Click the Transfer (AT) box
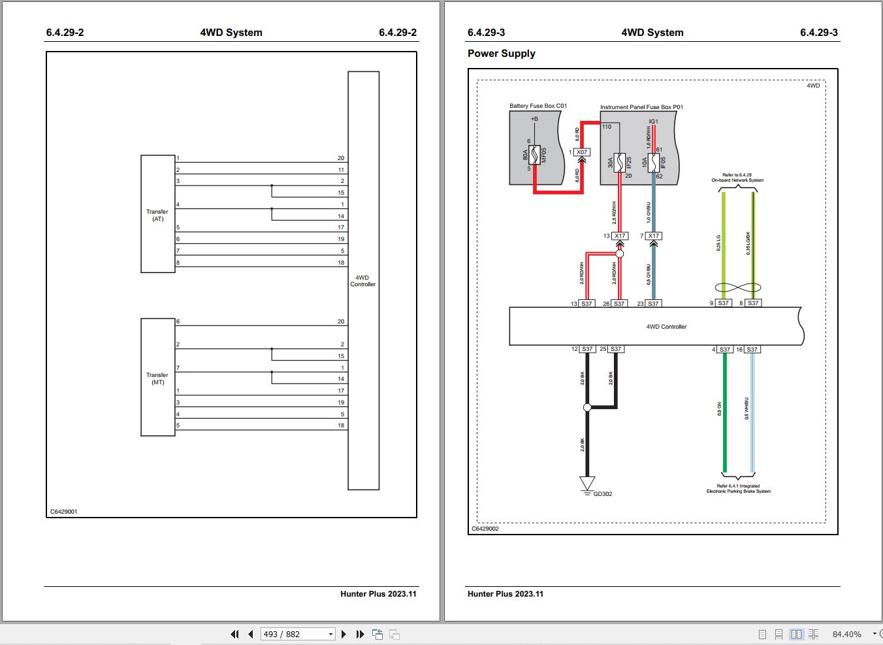click(x=158, y=214)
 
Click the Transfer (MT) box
click(x=158, y=378)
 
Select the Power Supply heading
click(x=501, y=54)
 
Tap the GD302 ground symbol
click(x=587, y=484)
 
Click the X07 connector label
click(x=581, y=152)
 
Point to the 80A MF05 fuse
click(x=534, y=155)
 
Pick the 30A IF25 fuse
click(x=620, y=163)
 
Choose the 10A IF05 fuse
click(x=654, y=162)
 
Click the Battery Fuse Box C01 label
click(x=538, y=106)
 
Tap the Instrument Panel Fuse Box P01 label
click(x=641, y=107)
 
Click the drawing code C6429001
click(x=63, y=512)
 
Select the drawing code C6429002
click(x=485, y=529)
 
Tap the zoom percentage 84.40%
click(x=846, y=634)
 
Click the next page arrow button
click(x=344, y=634)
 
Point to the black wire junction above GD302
click(x=587, y=408)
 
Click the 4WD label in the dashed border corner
click(x=812, y=86)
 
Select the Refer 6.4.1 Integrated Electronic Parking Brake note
click(x=738, y=489)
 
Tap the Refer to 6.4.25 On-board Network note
click(x=737, y=178)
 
